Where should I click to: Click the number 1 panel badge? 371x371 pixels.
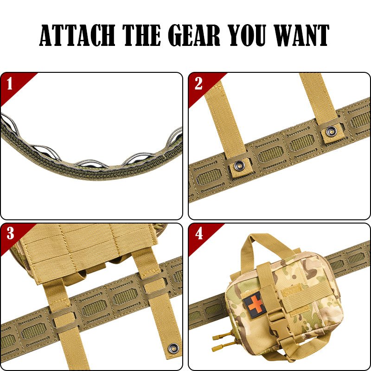pos(10,83)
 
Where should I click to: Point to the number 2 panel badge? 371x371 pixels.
pos(198,83)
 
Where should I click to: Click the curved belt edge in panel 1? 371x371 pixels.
pos(93,172)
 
